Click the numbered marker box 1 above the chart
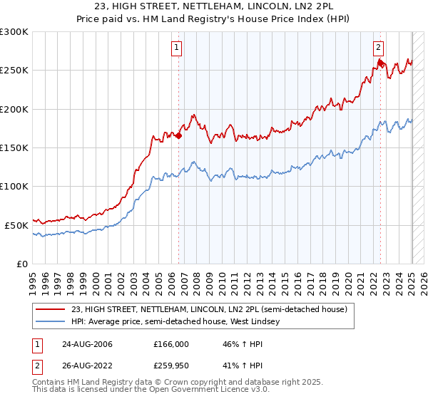coord(176,48)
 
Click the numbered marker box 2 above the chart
coord(378,48)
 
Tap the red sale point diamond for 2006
coord(179,135)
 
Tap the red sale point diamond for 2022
coord(381,63)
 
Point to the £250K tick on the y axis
coord(16,71)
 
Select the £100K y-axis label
coord(16,186)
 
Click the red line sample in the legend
coord(51,309)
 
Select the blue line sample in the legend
coord(51,322)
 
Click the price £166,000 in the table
coord(171,344)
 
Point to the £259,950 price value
coord(171,368)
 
